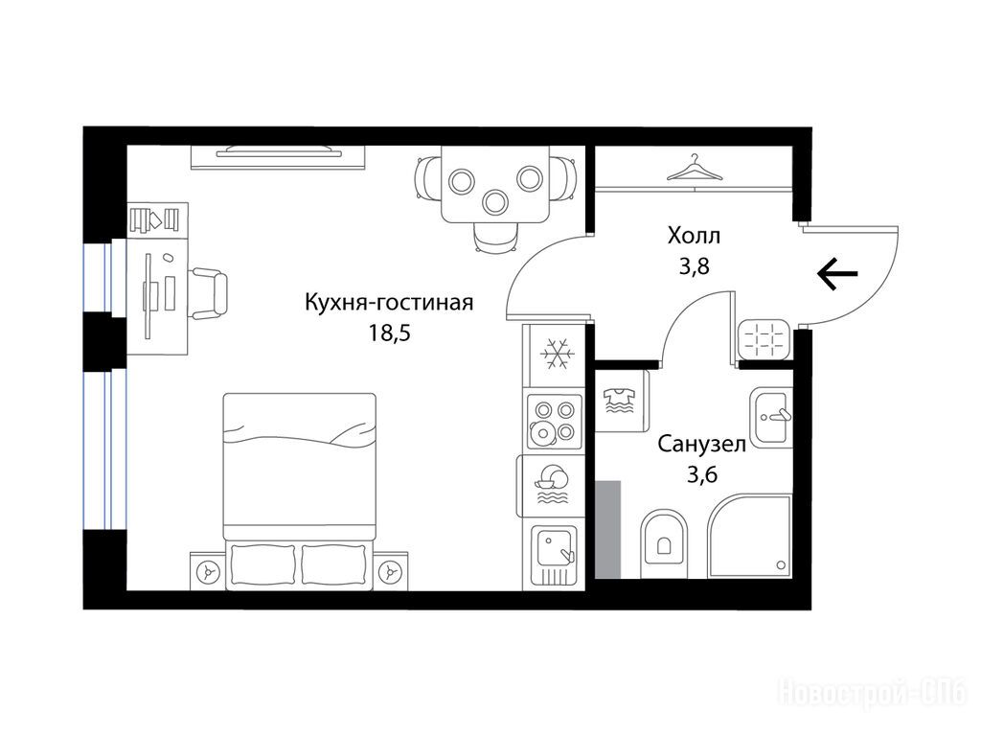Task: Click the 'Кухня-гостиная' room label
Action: [x=389, y=303]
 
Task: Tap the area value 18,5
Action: [x=389, y=333]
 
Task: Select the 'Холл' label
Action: [x=694, y=236]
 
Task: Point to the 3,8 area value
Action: [x=694, y=266]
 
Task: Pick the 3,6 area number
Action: [x=701, y=475]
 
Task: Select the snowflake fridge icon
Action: [x=557, y=355]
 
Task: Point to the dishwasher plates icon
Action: [x=551, y=484]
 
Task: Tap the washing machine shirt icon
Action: [x=619, y=402]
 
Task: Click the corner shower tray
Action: [x=750, y=537]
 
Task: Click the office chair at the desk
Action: [x=208, y=293]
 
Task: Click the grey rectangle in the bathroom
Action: [x=607, y=529]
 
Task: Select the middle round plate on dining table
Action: [x=495, y=201]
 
